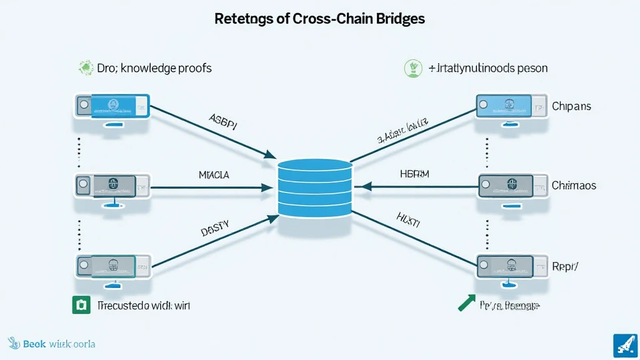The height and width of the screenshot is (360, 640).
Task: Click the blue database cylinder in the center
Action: pyautogui.click(x=314, y=188)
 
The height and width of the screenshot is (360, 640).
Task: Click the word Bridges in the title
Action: pyautogui.click(x=394, y=19)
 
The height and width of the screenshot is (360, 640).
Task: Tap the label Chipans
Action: pyautogui.click(x=571, y=106)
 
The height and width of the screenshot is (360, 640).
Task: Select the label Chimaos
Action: pyautogui.click(x=574, y=186)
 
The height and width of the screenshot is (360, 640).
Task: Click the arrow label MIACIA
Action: pyautogui.click(x=214, y=175)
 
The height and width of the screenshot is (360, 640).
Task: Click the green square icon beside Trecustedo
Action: pyautogui.click(x=78, y=306)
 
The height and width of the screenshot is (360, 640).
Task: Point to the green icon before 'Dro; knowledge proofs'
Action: pyautogui.click(x=85, y=67)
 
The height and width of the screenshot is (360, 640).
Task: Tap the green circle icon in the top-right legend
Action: pyautogui.click(x=411, y=67)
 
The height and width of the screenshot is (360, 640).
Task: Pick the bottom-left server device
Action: pyautogui.click(x=112, y=265)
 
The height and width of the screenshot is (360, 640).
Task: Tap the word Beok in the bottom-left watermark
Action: pyautogui.click(x=34, y=344)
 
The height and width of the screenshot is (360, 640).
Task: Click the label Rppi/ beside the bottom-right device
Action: pyautogui.click(x=566, y=265)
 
